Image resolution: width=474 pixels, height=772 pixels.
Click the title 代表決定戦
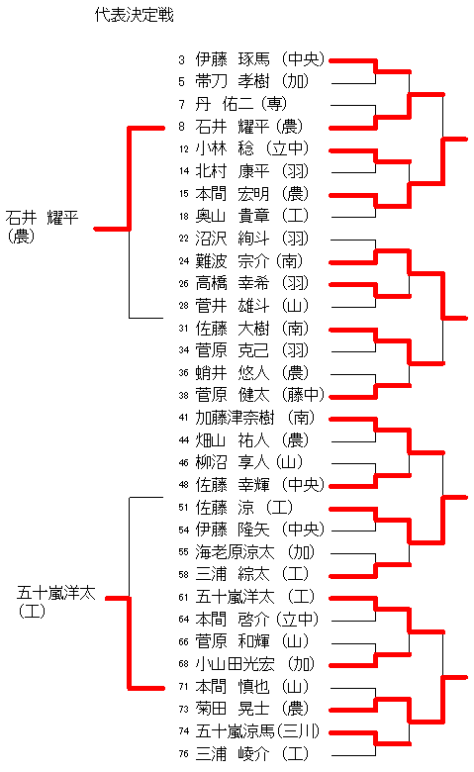coord(135,15)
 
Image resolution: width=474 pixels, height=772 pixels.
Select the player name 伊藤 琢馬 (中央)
coord(260,59)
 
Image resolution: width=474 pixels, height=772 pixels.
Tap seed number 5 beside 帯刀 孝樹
coord(182,81)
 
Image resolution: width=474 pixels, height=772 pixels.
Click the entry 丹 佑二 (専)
coord(241,104)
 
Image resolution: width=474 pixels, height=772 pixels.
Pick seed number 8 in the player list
coord(182,127)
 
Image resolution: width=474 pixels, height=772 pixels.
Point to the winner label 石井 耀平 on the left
coord(42,217)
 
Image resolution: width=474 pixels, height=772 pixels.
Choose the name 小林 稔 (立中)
coord(252,148)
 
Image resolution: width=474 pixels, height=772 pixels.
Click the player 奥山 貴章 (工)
coord(252,216)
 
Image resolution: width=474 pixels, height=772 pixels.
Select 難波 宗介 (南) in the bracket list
coord(249,260)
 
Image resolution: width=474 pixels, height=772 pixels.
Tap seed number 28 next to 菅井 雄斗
coord(184,306)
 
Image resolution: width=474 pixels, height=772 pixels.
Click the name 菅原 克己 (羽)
coord(252,350)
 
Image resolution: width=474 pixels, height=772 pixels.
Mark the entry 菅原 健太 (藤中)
coord(260,395)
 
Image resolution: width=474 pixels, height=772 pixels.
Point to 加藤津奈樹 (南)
coord(255,418)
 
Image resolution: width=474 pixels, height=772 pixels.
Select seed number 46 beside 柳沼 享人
coord(184,463)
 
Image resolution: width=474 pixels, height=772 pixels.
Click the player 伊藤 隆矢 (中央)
coord(260,530)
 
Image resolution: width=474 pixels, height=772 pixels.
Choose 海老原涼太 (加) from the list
coord(255,552)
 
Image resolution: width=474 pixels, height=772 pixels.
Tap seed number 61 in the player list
coord(184,597)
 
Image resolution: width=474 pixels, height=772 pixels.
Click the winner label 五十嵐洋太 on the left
coord(56,593)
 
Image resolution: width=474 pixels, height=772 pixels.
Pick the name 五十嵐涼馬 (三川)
coord(257,731)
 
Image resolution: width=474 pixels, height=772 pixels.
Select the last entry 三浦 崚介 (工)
coord(252,754)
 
